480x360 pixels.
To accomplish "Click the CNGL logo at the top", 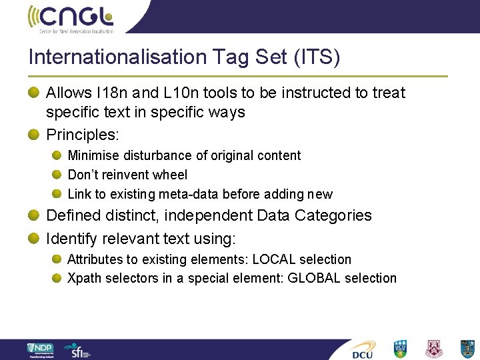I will (71, 18).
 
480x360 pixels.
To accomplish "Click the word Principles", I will (82, 135).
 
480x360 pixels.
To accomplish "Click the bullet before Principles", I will (33, 135).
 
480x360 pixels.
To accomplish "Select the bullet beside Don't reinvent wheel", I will (58, 175).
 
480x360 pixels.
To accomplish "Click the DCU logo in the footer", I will (363, 349).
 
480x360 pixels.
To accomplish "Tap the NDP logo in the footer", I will (41, 349).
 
